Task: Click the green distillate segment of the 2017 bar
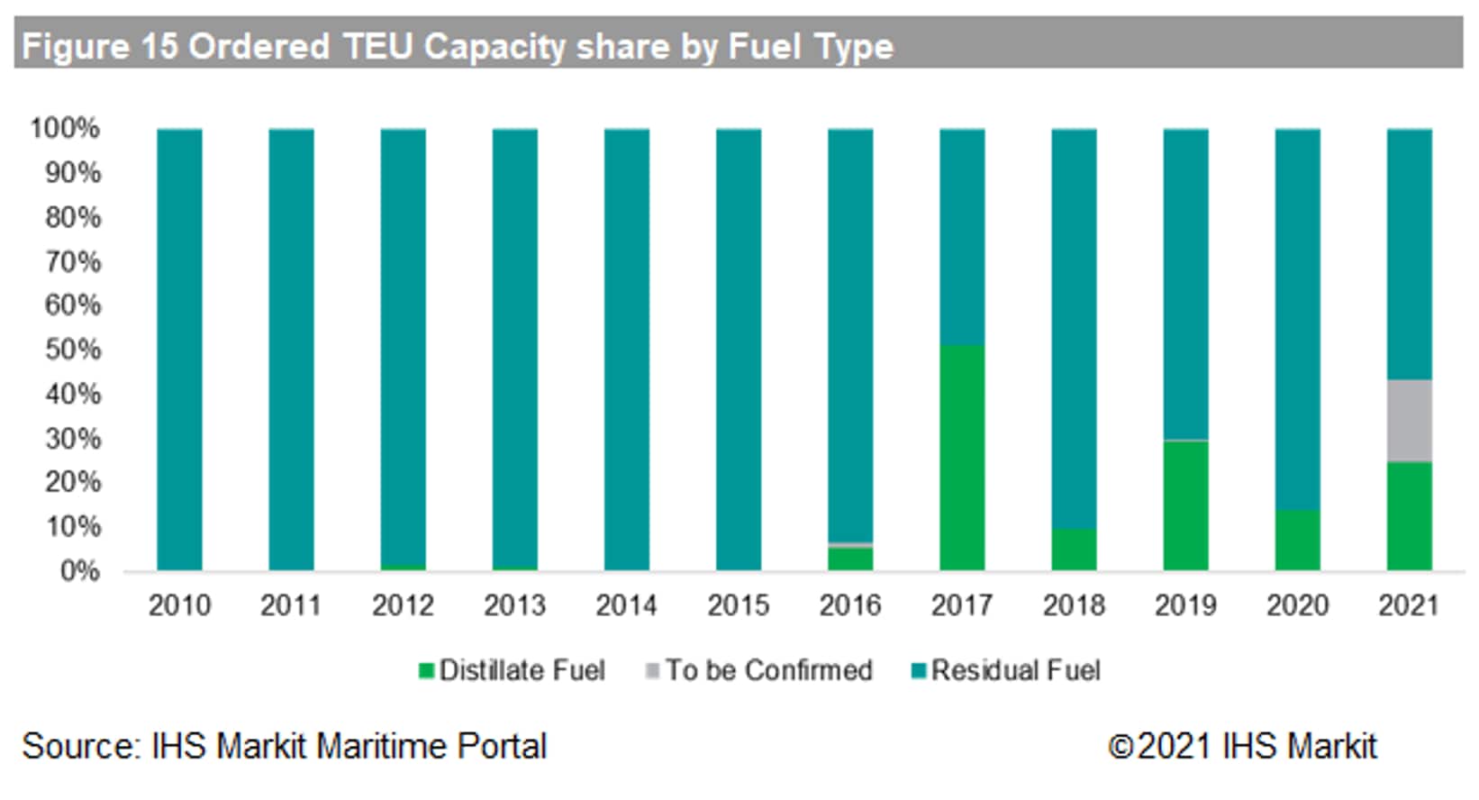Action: tap(961, 458)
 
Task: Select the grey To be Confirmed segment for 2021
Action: tap(1408, 421)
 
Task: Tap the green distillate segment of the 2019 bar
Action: tap(1184, 505)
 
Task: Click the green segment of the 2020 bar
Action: tap(1296, 541)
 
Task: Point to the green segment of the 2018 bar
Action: tap(1073, 550)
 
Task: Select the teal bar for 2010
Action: tap(179, 350)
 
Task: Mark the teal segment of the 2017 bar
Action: tap(961, 237)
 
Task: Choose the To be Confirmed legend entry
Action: tap(760, 671)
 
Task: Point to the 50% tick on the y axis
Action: tap(73, 350)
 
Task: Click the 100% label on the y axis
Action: tap(65, 129)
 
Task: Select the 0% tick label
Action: tap(79, 571)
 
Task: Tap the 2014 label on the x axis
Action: tap(626, 605)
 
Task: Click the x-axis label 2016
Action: tap(849, 605)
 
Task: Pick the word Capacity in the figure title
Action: tap(495, 47)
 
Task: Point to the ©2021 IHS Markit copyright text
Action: tap(1242, 746)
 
